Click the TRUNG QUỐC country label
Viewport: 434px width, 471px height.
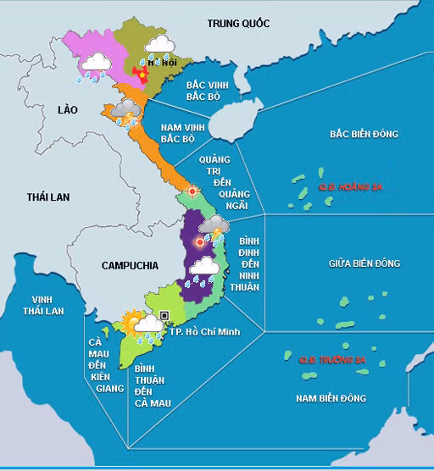[238, 23]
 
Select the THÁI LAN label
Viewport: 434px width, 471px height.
[48, 197]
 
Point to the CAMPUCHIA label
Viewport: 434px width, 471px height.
[129, 265]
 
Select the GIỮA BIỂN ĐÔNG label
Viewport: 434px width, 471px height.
[364, 263]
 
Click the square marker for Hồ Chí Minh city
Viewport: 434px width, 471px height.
[165, 315]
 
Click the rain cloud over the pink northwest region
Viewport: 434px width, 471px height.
[92, 66]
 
